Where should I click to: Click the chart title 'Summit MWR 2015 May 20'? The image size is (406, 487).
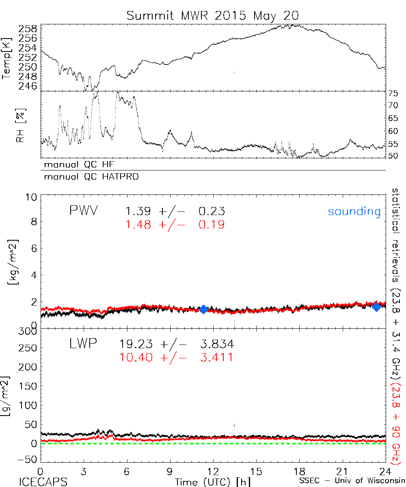click(x=213, y=15)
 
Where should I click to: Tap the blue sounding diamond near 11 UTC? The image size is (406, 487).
click(x=203, y=309)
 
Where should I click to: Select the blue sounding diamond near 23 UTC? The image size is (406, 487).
click(x=377, y=307)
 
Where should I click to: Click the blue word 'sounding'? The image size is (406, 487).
click(x=354, y=211)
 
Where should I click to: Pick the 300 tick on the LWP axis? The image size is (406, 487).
click(x=28, y=332)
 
